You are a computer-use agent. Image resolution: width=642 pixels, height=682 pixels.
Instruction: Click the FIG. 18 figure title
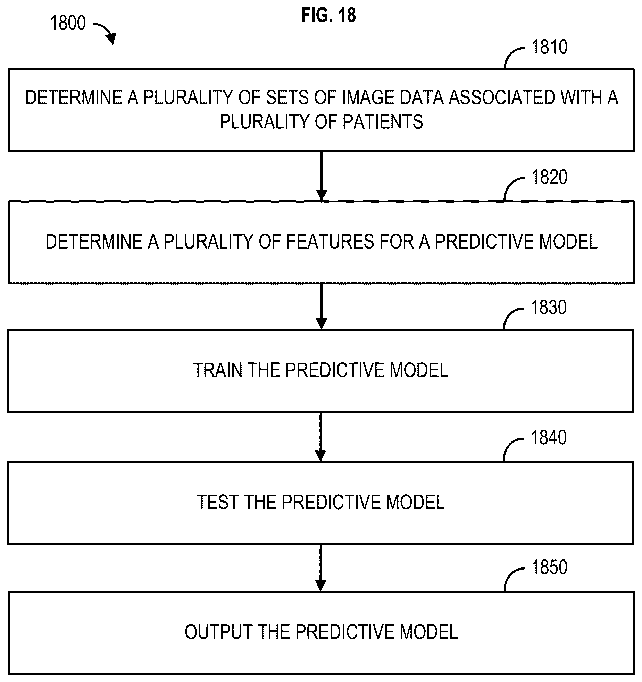pos(328,16)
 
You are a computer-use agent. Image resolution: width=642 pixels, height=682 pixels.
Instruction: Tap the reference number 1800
pos(68,23)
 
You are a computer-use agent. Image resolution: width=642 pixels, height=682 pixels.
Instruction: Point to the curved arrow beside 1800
pos(105,33)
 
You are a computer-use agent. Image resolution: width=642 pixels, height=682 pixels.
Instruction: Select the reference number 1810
pos(549,47)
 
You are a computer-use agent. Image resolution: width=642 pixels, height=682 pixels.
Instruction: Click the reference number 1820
pos(549,177)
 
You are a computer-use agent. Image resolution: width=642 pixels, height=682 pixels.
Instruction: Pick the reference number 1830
pos(549,308)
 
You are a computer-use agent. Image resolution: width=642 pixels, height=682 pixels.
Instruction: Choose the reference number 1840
pos(549,438)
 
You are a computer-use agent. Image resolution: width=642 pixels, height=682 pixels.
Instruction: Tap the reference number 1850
pos(549,567)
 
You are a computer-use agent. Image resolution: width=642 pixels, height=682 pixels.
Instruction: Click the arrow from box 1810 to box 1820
pos(322,176)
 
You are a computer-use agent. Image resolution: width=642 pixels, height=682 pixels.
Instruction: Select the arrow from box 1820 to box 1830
pos(322,306)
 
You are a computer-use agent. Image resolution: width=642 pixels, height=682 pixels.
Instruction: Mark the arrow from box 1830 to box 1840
pos(320,437)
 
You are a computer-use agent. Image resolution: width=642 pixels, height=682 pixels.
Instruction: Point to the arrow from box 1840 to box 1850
pos(320,567)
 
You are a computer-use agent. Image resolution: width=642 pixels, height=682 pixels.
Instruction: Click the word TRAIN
pos(218,370)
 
